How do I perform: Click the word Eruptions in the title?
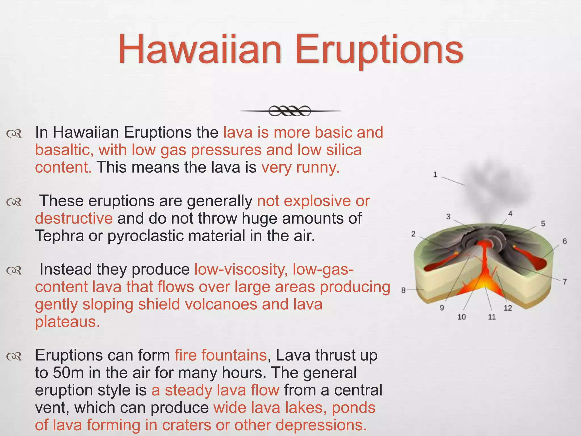pyautogui.click(x=379, y=49)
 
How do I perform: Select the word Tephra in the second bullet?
pyautogui.click(x=59, y=236)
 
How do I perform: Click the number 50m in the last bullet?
pyautogui.click(x=68, y=373)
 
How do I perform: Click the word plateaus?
pyautogui.click(x=68, y=322)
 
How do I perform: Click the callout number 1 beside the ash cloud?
pyautogui.click(x=435, y=175)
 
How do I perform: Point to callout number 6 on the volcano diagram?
pyautogui.click(x=565, y=241)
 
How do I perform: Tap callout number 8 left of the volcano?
pyautogui.click(x=403, y=290)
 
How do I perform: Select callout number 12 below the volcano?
pyautogui.click(x=508, y=308)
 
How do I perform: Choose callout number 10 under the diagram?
pyautogui.click(x=462, y=317)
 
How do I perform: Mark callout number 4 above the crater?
pyautogui.click(x=510, y=214)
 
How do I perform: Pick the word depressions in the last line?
pyautogui.click(x=320, y=425)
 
